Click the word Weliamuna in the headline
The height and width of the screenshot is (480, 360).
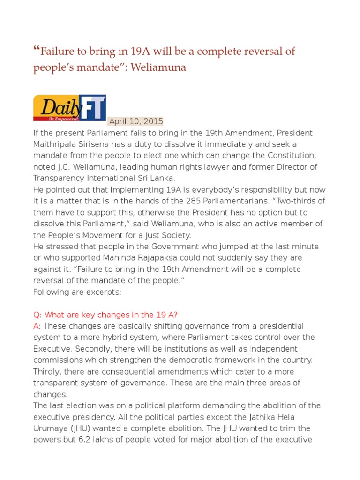[x=158, y=67]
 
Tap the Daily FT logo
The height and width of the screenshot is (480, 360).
[x=69, y=108]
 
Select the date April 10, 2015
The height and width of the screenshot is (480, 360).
[x=136, y=121]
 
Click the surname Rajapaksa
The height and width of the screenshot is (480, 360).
[x=135, y=258]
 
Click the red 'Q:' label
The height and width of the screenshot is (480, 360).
[x=38, y=315]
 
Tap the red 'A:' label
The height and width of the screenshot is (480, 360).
[x=37, y=326]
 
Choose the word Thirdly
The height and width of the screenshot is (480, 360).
[x=48, y=371]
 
